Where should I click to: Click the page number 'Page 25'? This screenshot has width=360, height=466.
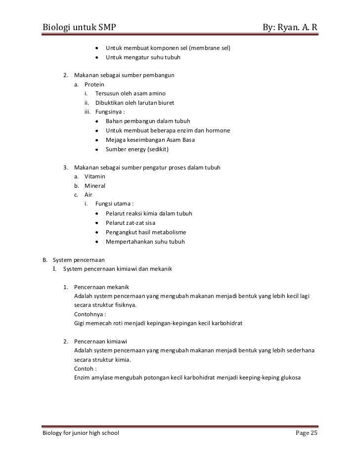[307, 433]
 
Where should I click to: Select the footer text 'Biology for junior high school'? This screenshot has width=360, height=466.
[80, 433]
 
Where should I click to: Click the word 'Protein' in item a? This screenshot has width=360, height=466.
[94, 85]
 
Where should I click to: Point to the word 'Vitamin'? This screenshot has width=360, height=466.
[95, 177]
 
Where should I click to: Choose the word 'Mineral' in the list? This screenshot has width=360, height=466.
[95, 186]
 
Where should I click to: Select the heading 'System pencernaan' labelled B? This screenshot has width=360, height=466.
[79, 260]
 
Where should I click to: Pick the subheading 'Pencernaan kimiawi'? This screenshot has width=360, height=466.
[102, 341]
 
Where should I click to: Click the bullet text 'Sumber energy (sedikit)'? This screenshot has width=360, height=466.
[137, 149]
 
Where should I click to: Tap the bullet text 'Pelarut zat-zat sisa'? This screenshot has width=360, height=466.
[130, 223]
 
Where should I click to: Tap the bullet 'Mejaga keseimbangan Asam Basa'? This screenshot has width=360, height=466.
[150, 140]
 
